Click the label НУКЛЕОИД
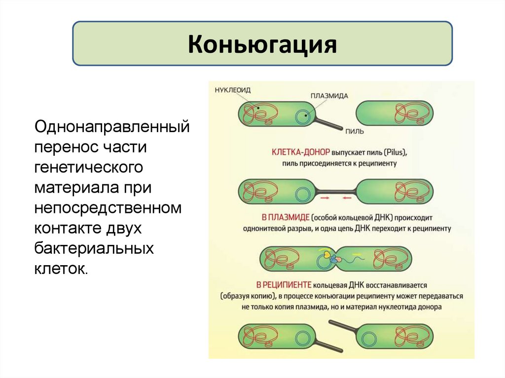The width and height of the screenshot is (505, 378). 233,90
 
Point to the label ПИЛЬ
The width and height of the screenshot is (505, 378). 355,131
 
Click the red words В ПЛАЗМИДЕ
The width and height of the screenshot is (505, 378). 285,218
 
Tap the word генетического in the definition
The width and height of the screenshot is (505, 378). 89,167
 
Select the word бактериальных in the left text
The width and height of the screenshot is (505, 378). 94,248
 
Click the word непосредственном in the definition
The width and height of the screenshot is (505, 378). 108,207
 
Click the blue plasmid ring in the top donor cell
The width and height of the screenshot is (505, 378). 301,117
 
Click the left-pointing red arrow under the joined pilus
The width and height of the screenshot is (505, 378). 346,198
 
